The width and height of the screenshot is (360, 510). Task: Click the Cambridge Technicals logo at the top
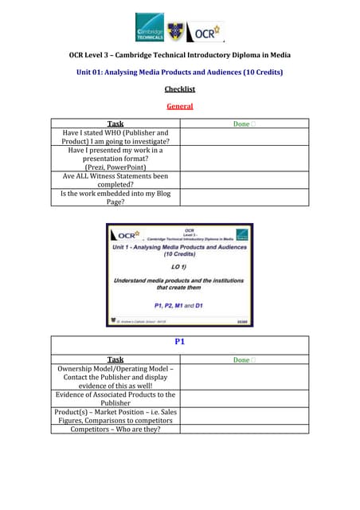pyautogui.click(x=149, y=27)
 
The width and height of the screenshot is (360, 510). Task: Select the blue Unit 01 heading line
pyautogui.click(x=179, y=73)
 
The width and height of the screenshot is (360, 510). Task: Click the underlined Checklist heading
pyautogui.click(x=179, y=89)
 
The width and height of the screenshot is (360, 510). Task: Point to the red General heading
pyautogui.click(x=179, y=106)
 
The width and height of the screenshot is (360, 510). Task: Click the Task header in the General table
pyautogui.click(x=115, y=124)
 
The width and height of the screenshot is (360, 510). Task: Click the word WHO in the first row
pyautogui.click(x=106, y=132)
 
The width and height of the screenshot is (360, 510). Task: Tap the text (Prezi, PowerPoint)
pyautogui.click(x=115, y=167)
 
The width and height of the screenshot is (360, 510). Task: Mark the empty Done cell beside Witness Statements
pyautogui.click(x=244, y=180)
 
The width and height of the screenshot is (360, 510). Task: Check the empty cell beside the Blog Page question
pyautogui.click(x=244, y=198)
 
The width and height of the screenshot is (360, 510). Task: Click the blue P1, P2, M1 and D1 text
pyautogui.click(x=179, y=305)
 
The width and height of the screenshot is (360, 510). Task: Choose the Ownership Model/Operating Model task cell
pyautogui.click(x=115, y=376)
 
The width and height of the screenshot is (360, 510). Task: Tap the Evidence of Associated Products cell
pyautogui.click(x=115, y=398)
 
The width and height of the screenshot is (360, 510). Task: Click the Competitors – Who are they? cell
pyautogui.click(x=115, y=430)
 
